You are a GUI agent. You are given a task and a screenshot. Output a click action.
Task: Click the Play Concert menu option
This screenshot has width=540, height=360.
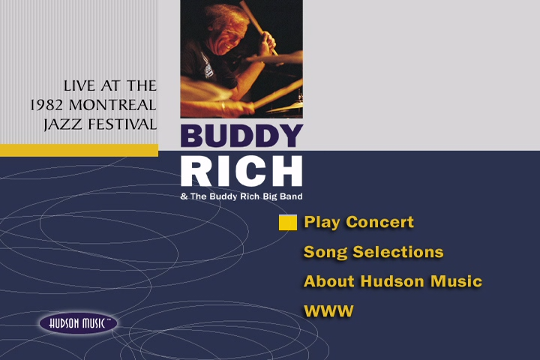358,222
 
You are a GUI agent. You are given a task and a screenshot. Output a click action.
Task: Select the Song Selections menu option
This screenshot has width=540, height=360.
373,252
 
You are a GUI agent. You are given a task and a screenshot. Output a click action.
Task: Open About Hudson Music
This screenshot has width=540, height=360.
393,281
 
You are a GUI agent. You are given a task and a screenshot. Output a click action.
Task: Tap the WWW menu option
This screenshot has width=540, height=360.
329,311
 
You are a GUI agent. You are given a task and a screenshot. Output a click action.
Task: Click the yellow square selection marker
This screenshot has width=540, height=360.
288,222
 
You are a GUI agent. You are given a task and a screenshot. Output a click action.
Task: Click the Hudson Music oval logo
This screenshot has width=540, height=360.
79,323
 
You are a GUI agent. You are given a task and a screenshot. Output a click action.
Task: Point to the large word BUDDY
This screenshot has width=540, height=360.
241,136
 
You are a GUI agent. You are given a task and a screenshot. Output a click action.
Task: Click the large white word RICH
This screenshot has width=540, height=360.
241,170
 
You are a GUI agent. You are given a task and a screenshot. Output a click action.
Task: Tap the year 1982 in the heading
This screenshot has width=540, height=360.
46,105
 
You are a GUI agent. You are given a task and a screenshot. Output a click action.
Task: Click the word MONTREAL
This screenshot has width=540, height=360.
112,105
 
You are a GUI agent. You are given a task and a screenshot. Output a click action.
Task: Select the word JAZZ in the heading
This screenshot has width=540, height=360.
63,124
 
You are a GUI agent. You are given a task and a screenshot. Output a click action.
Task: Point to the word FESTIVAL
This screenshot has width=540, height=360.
122,124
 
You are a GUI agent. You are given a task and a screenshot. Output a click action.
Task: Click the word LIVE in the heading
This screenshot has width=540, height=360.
79,85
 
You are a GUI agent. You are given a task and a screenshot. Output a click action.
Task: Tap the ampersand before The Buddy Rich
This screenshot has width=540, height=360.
184,196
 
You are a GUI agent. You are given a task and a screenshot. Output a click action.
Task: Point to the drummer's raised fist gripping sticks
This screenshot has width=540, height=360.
266,42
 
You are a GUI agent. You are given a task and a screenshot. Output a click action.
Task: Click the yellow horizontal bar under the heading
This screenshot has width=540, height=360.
79,150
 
